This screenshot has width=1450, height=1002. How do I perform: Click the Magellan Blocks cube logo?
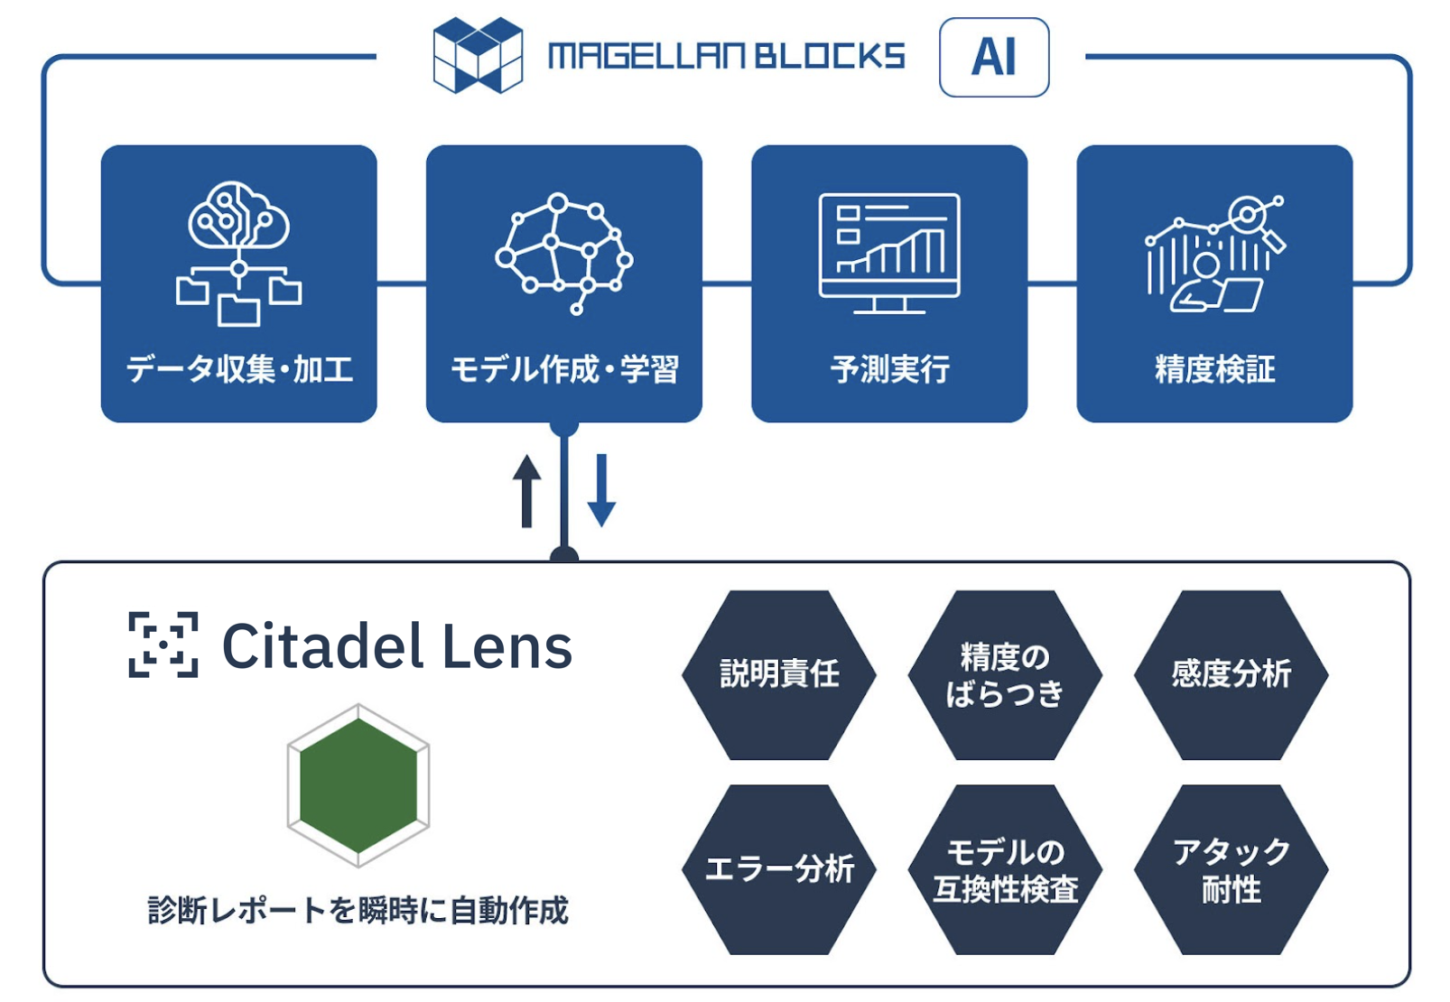(478, 56)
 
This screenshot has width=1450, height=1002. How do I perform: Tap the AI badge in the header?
(994, 57)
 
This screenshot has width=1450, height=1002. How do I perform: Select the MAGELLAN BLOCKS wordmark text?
(726, 57)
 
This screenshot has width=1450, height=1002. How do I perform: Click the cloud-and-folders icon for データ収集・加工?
(238, 253)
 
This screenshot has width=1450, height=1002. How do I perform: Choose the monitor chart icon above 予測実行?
(889, 253)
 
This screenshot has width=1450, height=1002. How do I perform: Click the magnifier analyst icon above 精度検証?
(1215, 254)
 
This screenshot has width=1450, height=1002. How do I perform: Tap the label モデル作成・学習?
(564, 369)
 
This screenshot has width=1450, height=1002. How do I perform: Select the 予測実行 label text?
(890, 369)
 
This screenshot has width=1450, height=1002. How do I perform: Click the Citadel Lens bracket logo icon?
(163, 645)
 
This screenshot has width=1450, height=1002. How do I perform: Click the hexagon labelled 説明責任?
(779, 674)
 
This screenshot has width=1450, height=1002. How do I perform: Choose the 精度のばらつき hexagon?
(1005, 674)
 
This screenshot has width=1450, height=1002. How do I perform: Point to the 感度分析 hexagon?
(1231, 674)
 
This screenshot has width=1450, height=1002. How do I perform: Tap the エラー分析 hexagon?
(779, 869)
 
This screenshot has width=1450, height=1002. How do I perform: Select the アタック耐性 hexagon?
(1231, 869)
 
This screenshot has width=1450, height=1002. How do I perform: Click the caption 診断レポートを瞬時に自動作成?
(358, 910)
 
